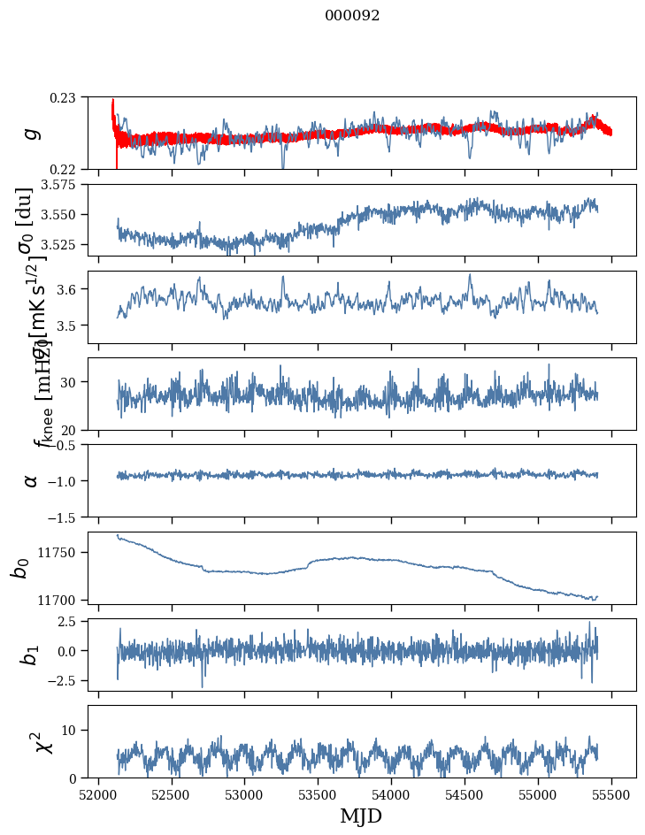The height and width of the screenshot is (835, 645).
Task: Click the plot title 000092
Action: click(x=352, y=16)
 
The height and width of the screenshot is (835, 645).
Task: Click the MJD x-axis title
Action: click(x=361, y=816)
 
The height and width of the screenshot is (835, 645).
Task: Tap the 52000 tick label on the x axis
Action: click(x=98, y=795)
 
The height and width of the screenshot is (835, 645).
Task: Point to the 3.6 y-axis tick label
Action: click(x=70, y=289)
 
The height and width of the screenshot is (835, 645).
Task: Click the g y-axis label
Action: click(x=32, y=134)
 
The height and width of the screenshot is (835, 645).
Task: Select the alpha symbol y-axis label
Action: click(x=32, y=480)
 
